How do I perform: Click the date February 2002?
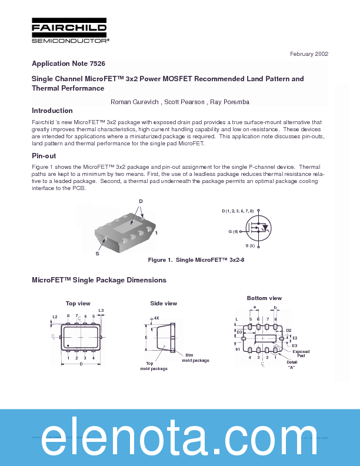pos(309,54)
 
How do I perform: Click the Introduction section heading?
pos(52,111)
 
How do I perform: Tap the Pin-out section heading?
pos(44,156)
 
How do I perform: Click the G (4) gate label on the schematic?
pos(234,231)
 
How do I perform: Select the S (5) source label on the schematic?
pos(250,245)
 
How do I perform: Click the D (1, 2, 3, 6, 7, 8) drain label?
pos(238,211)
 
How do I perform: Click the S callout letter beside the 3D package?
pos(97,254)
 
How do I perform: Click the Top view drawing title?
pos(78,303)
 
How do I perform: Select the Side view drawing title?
pos(164,303)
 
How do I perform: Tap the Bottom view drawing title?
pos(264,298)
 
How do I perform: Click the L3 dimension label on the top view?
pos(101,310)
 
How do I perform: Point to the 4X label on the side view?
pos(156,318)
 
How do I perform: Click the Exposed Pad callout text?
pos(301,354)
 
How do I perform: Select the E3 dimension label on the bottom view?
pos(295,346)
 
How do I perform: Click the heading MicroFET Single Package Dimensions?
pos(99,280)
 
